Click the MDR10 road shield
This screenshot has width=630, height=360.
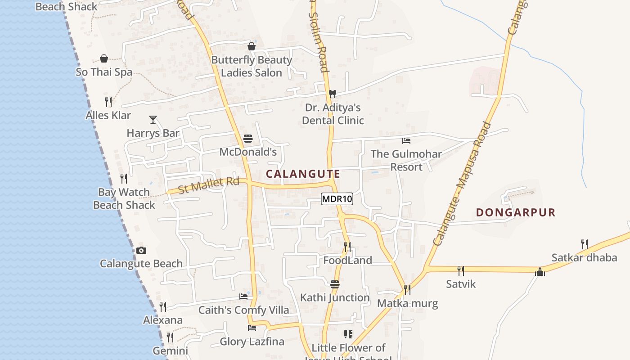coord(337,199)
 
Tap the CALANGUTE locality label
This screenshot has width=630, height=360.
coord(303,174)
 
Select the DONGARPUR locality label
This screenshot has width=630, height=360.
coord(516,212)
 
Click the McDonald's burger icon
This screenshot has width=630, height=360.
coord(247,139)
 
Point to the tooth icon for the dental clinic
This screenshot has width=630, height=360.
coord(333,94)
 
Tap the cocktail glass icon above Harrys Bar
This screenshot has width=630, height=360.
coord(153,120)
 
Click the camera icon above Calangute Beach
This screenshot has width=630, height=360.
coord(141,250)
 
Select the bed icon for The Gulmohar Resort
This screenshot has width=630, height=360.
coord(406,140)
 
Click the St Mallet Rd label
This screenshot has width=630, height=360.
coord(209,184)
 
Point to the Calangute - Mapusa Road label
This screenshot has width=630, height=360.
coord(462,184)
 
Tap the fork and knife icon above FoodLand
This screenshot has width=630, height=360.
coord(347,247)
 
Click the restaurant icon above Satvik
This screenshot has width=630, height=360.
coord(461,270)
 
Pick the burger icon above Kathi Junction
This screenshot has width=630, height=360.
coord(334,284)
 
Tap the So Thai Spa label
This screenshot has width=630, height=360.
coord(104,72)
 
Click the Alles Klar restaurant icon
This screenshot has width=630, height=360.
coord(108,102)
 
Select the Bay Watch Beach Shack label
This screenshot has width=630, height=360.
coord(124,198)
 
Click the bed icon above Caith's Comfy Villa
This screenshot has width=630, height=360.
coord(243,297)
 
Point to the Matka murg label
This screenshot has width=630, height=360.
coord(407,303)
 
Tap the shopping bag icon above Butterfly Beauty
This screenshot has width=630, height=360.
coord(252,46)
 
